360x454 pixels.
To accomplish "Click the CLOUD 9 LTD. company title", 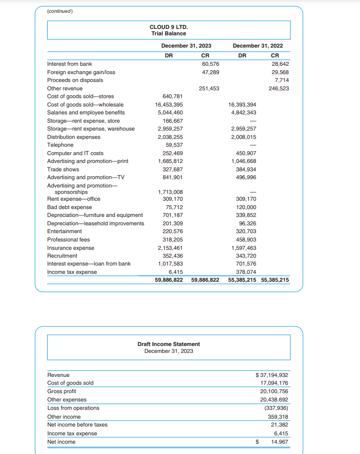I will [x=168, y=27].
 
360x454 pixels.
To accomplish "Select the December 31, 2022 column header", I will [x=257, y=46].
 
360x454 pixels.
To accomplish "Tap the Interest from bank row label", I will [x=69, y=64].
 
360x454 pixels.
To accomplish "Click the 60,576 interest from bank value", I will [x=210, y=64].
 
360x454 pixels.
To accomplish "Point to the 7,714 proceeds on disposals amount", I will [x=281, y=80].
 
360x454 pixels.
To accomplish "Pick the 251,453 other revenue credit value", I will [x=209, y=88].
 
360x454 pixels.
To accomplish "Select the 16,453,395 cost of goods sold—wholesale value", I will [x=169, y=105].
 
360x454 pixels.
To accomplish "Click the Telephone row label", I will [x=60, y=145].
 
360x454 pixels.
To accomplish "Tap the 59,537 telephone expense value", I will [x=174, y=145].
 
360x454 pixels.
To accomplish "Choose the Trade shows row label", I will [x=62, y=169].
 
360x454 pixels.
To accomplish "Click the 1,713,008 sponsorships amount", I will [x=171, y=192].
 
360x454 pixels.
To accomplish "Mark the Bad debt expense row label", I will [x=69, y=207].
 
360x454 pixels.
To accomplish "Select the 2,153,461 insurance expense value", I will [x=171, y=248].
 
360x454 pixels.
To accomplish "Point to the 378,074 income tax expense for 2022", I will [x=246, y=272].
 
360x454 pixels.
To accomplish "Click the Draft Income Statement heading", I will [x=168, y=344].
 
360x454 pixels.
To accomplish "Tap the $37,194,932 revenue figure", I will [x=272, y=375].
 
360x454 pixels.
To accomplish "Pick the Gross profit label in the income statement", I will [x=61, y=391].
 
